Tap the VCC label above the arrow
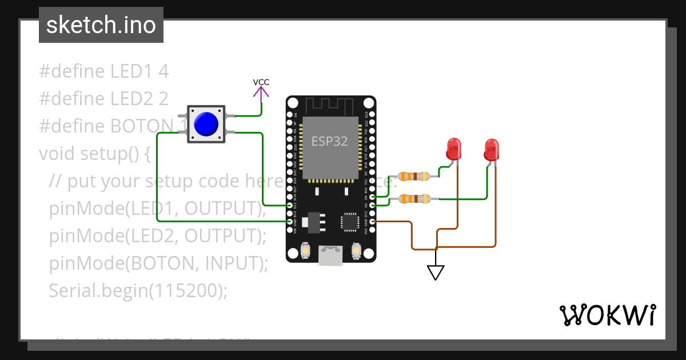[x=261, y=82]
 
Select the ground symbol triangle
[x=436, y=273]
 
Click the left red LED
[x=453, y=149]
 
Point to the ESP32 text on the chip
[x=329, y=141]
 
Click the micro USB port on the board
[x=330, y=255]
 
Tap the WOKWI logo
[x=607, y=315]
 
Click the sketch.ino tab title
[x=101, y=25]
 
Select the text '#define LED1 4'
[x=103, y=71]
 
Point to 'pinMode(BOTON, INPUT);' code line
[x=158, y=263]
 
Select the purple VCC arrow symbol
[x=261, y=95]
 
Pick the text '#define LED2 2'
[x=103, y=99]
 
